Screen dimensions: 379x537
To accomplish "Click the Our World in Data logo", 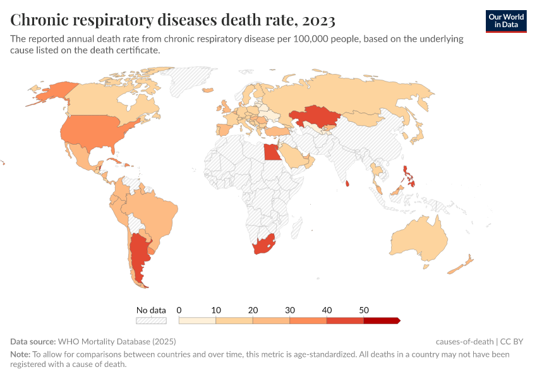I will pos(506,21).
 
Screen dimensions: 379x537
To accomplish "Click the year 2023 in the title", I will pos(319,20).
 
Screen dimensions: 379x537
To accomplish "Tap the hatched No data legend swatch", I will pos(151,321).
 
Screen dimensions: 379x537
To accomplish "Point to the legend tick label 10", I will pos(216,310).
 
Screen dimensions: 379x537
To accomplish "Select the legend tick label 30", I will pos(290,310).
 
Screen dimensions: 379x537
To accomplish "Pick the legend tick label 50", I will pos(364,310).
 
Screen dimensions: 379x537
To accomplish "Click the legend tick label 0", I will pos(179,310).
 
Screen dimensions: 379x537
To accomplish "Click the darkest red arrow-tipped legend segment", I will pos(381,321).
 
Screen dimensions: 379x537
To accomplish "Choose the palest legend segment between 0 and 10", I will pos(198,321).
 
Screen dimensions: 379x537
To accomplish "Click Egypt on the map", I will pos(270,152).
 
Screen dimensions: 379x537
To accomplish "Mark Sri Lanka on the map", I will pos(347,184).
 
